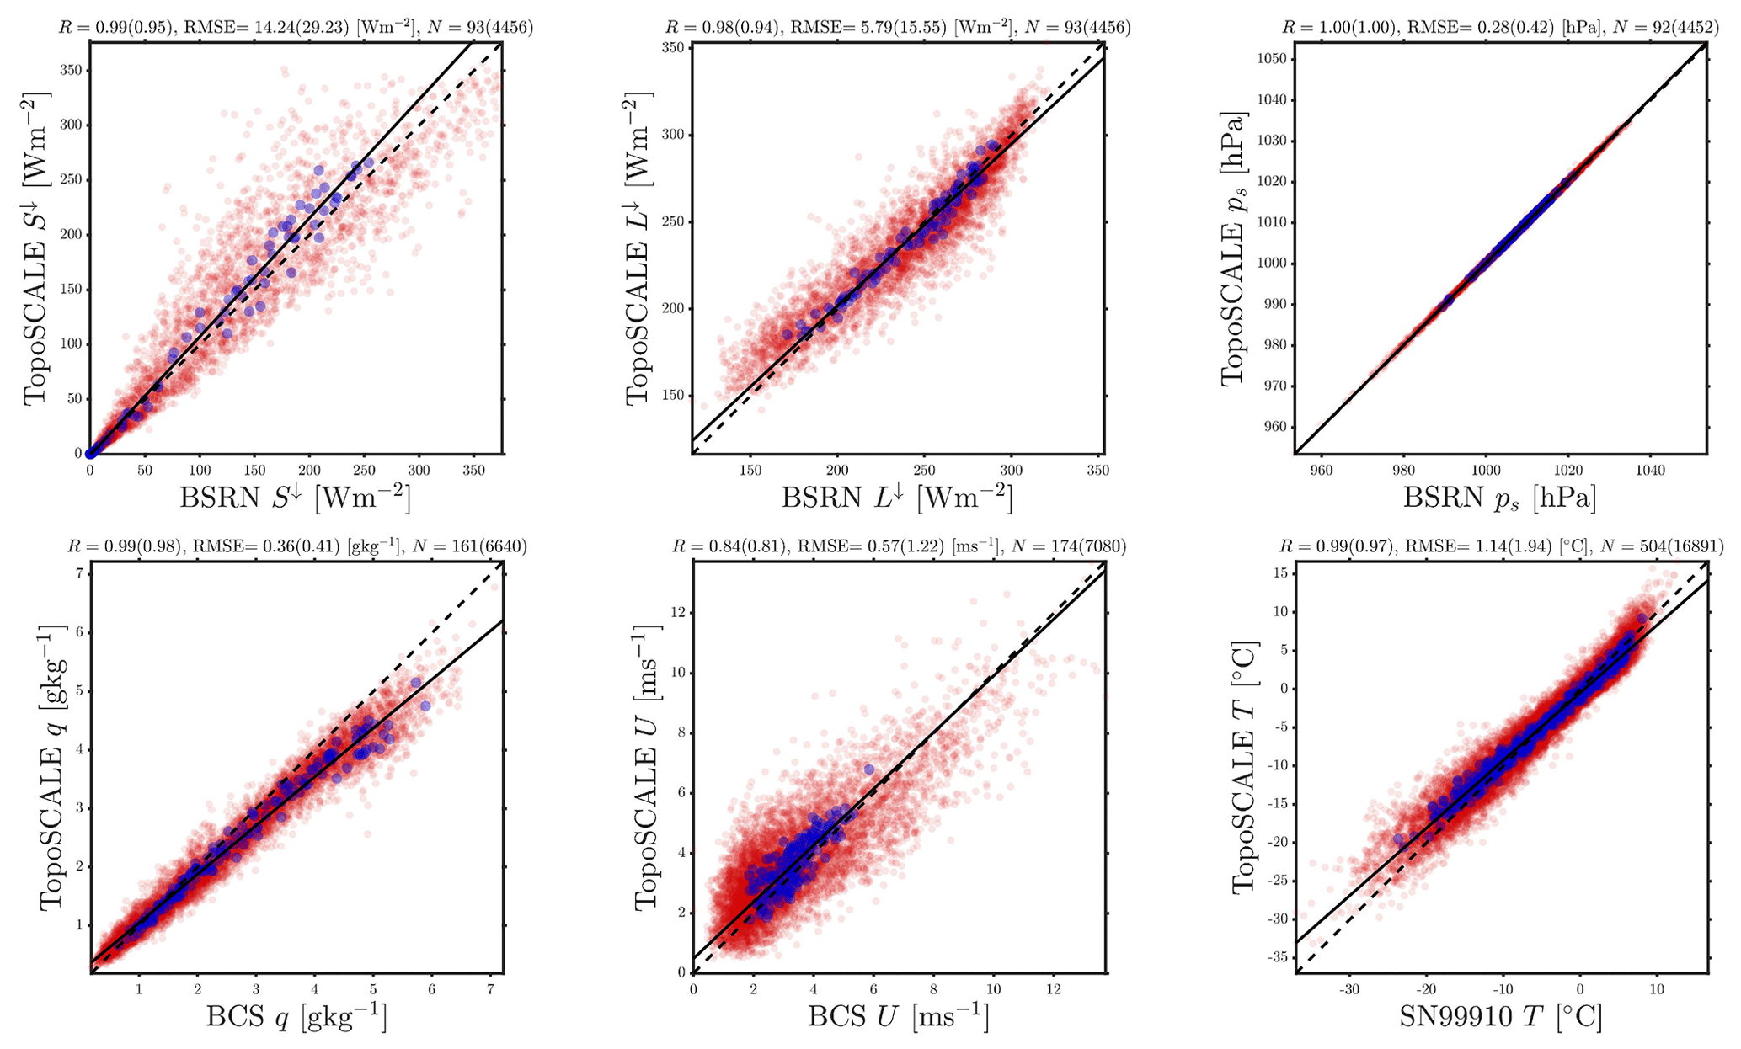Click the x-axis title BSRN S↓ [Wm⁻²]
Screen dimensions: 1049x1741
click(x=295, y=498)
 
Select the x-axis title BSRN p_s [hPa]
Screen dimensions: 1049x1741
click(x=1499, y=498)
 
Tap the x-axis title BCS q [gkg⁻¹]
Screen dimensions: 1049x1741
click(x=296, y=1018)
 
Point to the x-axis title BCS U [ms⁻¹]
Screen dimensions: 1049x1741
click(x=899, y=1018)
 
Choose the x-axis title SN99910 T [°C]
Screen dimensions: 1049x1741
click(x=1500, y=1018)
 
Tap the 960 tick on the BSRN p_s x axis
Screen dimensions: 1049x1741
click(x=1321, y=470)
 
